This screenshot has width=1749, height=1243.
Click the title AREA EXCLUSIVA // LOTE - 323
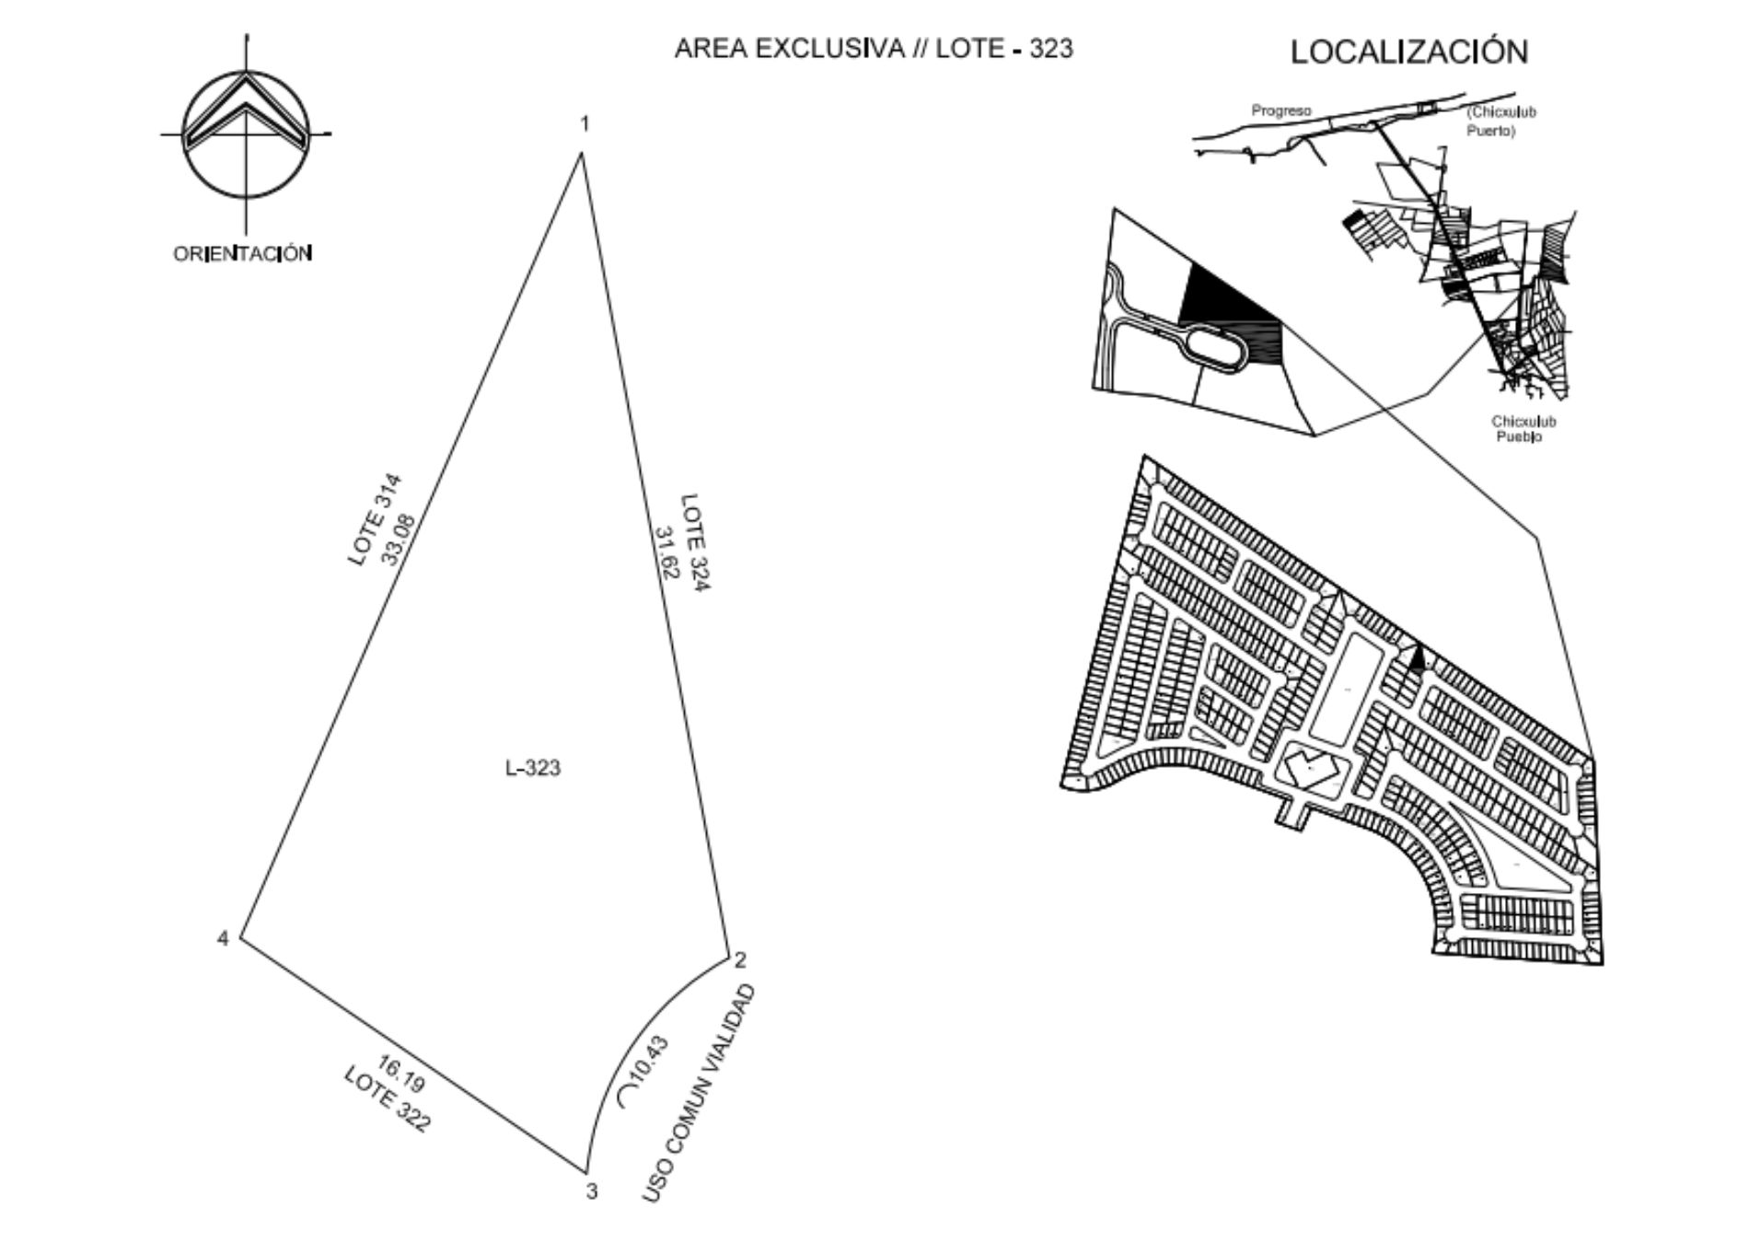coord(874,49)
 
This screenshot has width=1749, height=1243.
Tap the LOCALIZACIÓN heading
coord(1408,52)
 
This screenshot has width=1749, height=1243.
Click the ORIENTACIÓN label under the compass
coord(243,253)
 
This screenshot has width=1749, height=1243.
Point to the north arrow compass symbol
coord(246,134)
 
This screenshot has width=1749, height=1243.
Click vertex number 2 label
coord(740,960)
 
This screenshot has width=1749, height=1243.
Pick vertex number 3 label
coord(592,1191)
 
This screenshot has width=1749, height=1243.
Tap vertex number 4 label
coord(223,939)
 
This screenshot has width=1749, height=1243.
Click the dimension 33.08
coord(401,539)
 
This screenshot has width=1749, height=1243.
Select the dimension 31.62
coord(666,552)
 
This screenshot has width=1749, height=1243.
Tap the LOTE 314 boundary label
coord(375,520)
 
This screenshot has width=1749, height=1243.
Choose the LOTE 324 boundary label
coord(694,543)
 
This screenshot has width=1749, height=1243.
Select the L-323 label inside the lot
coord(533,768)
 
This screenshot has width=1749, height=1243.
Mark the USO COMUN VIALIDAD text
coord(699,1094)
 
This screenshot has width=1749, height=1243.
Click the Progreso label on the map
coord(1280,110)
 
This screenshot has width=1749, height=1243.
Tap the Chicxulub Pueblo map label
coord(1523,429)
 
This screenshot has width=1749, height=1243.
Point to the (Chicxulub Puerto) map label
coord(1501,121)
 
